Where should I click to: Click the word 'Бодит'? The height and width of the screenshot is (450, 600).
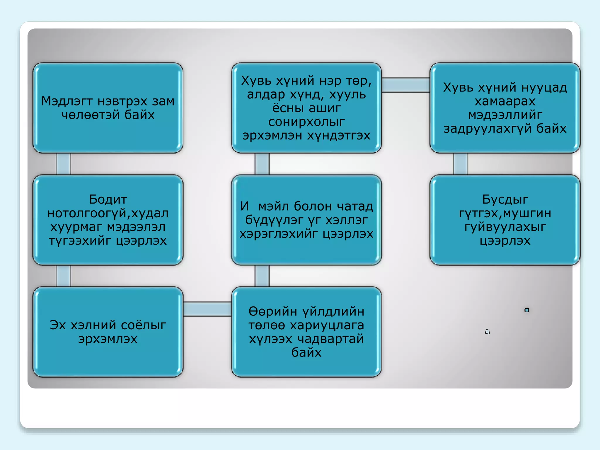click(x=108, y=200)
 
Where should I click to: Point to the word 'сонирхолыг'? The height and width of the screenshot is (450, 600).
click(x=306, y=122)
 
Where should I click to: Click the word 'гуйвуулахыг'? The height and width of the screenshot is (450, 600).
click(x=505, y=227)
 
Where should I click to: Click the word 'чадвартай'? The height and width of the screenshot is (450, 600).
click(x=330, y=339)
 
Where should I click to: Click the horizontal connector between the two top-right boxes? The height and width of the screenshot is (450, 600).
click(x=406, y=85)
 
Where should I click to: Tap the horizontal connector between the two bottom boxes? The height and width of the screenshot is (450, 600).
click(x=207, y=309)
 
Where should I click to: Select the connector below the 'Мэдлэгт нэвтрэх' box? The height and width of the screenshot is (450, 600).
click(x=63, y=164)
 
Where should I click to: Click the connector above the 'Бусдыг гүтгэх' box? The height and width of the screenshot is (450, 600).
click(x=460, y=164)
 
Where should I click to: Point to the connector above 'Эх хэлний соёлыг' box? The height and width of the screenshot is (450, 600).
click(x=63, y=276)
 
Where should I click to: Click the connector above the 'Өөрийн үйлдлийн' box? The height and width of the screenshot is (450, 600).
click(x=262, y=276)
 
